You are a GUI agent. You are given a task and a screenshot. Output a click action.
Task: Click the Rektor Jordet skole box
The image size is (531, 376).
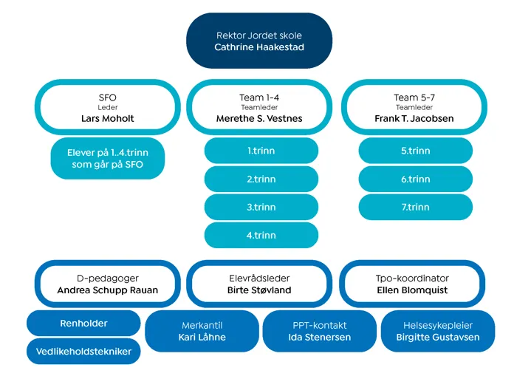259,41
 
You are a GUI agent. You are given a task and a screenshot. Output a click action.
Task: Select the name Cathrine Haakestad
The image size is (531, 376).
259,47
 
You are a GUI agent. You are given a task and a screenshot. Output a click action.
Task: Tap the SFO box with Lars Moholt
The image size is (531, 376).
108,108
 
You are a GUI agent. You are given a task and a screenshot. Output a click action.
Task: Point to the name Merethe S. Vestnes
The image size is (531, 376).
259,119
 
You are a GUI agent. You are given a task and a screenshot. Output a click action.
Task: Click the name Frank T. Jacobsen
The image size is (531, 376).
414,119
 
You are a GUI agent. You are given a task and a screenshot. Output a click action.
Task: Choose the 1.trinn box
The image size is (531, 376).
261,151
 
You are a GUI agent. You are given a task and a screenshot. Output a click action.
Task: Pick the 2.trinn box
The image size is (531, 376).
261,179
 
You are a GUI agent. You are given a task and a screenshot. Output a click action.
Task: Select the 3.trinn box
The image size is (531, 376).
261,208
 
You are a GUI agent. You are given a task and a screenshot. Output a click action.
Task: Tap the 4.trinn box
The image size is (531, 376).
261,236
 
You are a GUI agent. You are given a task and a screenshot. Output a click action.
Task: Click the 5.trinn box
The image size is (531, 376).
415,151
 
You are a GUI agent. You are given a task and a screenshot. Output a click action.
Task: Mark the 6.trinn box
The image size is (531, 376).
415,179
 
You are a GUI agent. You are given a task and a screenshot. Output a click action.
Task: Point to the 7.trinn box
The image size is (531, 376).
415,208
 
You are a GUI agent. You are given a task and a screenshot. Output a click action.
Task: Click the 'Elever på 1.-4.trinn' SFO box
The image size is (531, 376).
108,159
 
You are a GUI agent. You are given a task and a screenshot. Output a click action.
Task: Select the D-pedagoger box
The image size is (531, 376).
108,284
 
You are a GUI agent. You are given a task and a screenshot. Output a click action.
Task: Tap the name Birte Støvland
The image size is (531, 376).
259,290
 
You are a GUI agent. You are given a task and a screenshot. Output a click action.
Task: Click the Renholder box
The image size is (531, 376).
83,324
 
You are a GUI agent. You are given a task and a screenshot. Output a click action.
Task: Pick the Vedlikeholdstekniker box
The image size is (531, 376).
83,352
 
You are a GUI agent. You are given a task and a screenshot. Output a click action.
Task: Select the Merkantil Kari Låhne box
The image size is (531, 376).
202,331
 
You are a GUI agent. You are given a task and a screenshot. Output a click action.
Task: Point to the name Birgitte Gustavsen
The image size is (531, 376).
438,338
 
